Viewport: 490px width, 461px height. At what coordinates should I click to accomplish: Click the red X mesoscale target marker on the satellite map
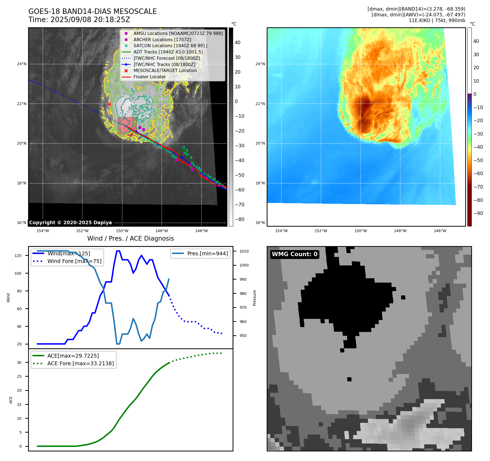coord(109,104)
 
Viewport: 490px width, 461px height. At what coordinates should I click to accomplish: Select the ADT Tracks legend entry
coord(168,52)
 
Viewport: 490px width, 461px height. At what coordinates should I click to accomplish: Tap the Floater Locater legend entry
coord(149,77)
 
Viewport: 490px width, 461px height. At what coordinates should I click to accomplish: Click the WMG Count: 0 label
coord(294,254)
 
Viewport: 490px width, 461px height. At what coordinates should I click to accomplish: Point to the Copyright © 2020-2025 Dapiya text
coord(70,223)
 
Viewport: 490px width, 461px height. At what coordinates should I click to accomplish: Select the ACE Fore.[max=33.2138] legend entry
coord(80,363)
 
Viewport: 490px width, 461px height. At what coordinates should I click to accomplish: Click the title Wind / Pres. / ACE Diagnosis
coord(130,238)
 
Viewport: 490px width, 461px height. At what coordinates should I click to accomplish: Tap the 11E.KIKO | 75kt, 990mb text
coord(437,20)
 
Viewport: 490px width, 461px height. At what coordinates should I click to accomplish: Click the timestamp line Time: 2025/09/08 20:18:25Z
coord(79,20)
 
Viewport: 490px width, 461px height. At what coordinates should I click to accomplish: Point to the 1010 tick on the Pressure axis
coord(244,251)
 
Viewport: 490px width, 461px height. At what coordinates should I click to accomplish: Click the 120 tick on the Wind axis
coord(18,256)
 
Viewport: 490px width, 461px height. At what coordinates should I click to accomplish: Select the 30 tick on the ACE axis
coord(19,363)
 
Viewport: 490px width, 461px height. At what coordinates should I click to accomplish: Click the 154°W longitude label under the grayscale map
coord(43,231)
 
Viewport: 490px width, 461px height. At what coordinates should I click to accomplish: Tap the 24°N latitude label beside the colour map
coord(260,64)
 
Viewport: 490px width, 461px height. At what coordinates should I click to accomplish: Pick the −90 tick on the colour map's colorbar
coord(478,213)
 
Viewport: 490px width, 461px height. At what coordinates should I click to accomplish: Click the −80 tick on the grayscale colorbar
coord(240,219)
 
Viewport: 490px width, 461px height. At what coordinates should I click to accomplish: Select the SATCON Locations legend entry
coord(170,46)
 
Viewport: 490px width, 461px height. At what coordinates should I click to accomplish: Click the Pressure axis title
coord(254,298)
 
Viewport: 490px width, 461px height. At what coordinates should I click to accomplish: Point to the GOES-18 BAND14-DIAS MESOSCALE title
coord(92,11)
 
